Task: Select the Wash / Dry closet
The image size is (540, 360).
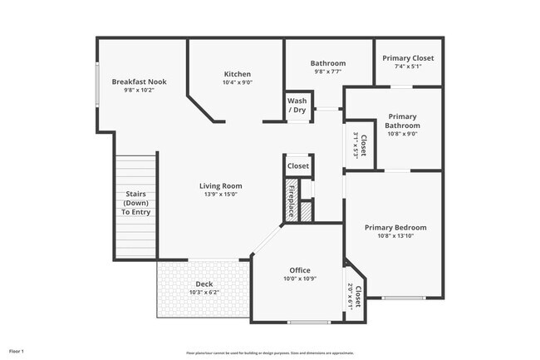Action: (297, 106)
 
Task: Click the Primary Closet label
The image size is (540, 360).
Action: (407, 58)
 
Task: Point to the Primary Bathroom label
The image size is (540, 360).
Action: (402, 121)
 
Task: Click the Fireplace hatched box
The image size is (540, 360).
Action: (292, 200)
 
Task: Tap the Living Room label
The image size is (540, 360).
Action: (220, 185)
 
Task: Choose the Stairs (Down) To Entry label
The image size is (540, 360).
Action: (135, 203)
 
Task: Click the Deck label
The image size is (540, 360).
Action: (204, 284)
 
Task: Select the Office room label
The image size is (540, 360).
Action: (299, 270)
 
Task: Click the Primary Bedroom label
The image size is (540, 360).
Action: (395, 227)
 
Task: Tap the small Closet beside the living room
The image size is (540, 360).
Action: (297, 166)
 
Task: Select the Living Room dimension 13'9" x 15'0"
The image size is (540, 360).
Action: (220, 195)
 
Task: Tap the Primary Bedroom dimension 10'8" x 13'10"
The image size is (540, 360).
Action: (395, 236)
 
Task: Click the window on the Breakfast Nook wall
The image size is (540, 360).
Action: (97, 86)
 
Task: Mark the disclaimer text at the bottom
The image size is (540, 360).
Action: (270, 353)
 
